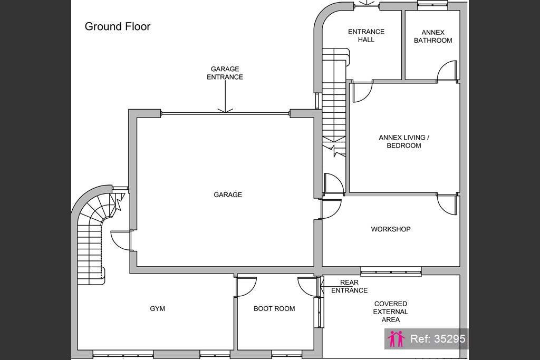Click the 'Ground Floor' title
coord(118,27)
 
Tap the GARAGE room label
coord(228,195)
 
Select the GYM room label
coord(157,309)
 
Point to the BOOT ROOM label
coord(274,309)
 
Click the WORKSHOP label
coord(391,229)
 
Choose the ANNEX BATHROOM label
coord(433,36)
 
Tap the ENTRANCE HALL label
coord(366,36)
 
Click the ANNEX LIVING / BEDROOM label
coord(404,141)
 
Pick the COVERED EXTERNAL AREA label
coord(391,312)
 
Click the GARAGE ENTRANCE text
coord(225,73)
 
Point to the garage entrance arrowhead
coord(225,111)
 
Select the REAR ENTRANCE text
coord(349,286)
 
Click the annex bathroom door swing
coord(447,71)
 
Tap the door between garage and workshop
coord(330,209)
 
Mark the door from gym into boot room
coord(246,286)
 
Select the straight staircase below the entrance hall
coord(334,103)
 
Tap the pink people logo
coord(396,339)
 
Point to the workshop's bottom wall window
coord(391,271)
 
